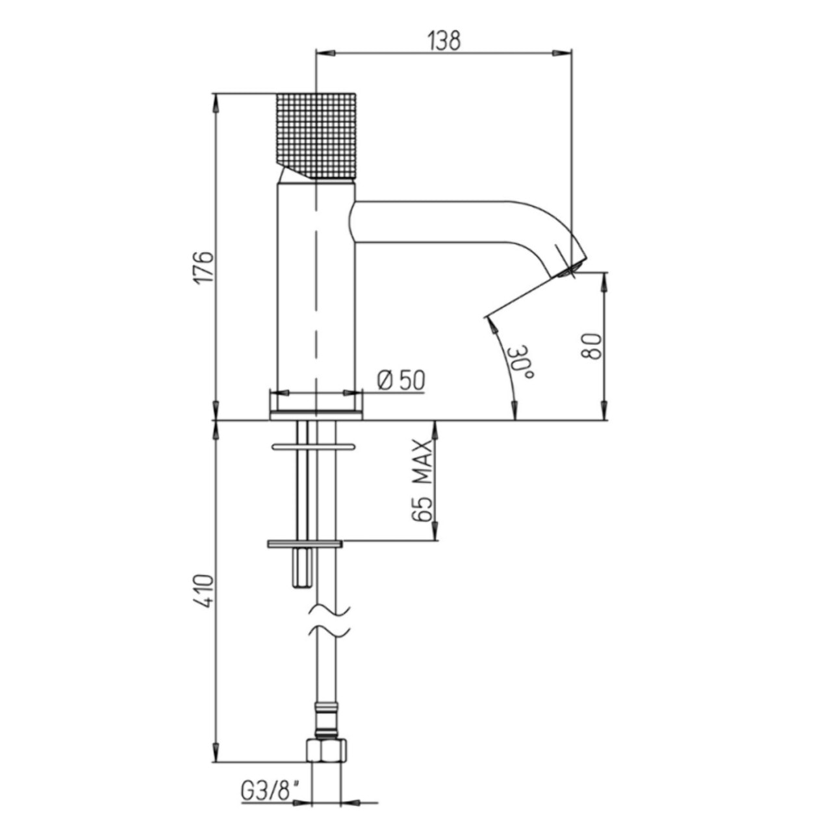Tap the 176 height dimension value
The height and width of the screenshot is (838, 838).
[205, 264]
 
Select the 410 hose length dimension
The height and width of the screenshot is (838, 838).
[205, 590]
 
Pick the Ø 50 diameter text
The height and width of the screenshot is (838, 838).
[400, 380]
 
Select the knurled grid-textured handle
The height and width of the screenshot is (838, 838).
[316, 133]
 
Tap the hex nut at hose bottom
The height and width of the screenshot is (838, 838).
[325, 751]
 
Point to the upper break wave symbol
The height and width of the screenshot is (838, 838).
[328, 610]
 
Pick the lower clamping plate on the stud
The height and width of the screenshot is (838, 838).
[304, 543]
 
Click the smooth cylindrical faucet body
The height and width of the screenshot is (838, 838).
[316, 286]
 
